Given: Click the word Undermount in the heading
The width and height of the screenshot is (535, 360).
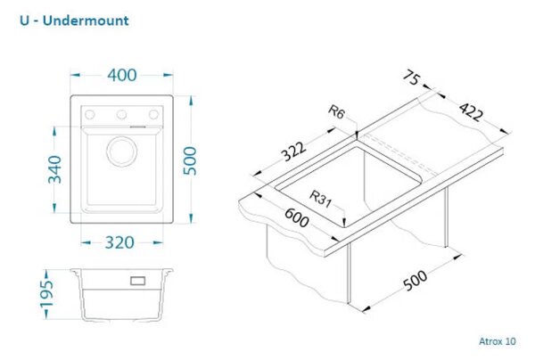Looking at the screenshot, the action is [86, 20].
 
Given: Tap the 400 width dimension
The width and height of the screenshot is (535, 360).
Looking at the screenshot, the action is [122, 76].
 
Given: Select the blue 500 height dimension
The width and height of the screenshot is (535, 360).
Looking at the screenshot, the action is [190, 160].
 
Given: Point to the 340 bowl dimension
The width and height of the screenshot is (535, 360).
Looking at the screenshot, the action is [54, 169].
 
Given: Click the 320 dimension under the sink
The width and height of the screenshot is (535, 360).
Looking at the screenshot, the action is [119, 242].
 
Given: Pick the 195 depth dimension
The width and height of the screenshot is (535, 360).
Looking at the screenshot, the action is [46, 294].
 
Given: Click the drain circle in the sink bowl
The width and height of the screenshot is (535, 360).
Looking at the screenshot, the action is [122, 151].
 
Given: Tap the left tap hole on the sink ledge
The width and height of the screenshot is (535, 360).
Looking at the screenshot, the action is [90, 115].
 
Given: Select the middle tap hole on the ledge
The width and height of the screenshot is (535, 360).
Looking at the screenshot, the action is [122, 115].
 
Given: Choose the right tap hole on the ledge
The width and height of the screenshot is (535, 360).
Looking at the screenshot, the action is [153, 115].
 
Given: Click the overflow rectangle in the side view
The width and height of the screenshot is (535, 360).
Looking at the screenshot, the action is [138, 281].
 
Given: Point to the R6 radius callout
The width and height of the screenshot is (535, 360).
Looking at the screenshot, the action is [337, 111].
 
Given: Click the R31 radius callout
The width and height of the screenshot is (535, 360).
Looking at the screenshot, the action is [320, 199].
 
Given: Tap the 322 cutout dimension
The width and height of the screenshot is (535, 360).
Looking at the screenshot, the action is [293, 151].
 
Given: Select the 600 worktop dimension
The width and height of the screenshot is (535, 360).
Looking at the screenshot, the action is [297, 217].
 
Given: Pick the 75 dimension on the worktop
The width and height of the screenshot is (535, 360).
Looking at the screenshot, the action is [412, 78].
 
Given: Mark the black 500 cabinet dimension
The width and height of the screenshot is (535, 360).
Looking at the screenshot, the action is [415, 280].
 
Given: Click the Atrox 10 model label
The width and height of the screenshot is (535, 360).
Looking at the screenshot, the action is [498, 341].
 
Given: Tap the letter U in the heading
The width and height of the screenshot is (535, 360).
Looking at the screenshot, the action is [25, 20].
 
